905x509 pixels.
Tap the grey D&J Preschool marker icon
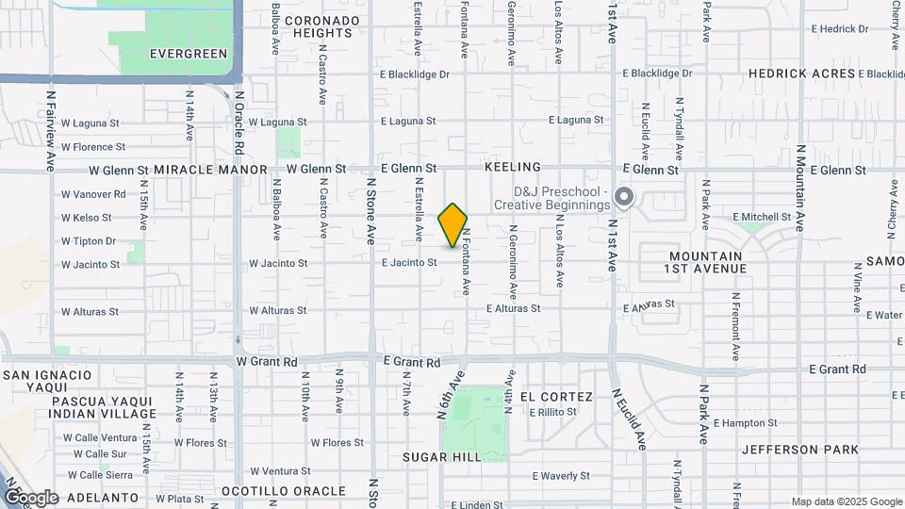tap(623, 197)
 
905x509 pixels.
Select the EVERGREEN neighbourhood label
tap(189, 54)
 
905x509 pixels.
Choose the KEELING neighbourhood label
tap(513, 166)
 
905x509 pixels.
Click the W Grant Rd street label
tap(267, 361)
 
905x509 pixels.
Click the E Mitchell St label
tap(765, 217)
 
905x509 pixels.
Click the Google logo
tap(31, 498)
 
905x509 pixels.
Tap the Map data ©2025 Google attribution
tap(847, 501)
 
